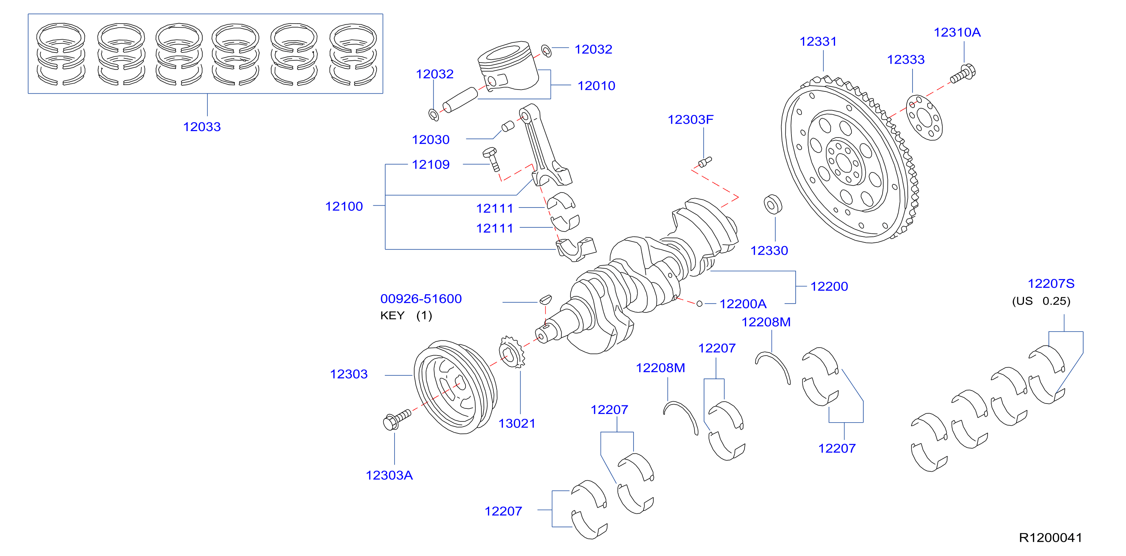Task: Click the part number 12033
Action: pos(201,127)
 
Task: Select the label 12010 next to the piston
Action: pos(596,85)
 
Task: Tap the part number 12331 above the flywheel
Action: pos(818,42)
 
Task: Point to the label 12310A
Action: pos(957,32)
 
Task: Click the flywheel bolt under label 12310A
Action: pos(962,75)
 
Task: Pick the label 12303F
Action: pos(690,119)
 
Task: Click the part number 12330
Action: pos(769,251)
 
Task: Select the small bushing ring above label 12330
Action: pos(773,205)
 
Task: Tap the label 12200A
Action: pos(743,303)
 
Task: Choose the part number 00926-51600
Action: pos(421,299)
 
